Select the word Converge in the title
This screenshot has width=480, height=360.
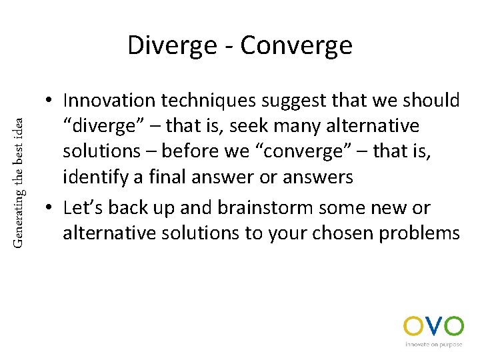296,46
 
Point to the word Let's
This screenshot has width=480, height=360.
83,207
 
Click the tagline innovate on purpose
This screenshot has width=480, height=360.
433,345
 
